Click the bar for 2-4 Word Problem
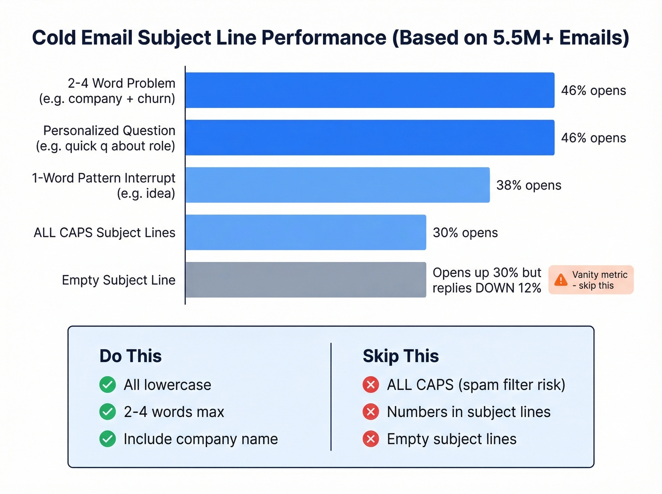(x=369, y=90)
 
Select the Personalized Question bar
(x=369, y=138)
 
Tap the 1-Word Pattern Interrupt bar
(x=337, y=185)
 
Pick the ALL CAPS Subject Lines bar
(x=305, y=232)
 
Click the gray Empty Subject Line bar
(x=305, y=280)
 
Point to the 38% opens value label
(x=529, y=185)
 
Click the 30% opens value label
(x=465, y=233)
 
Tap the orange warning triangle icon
(x=561, y=280)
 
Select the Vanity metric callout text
(x=599, y=280)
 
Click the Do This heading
(x=131, y=356)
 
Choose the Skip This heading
(x=401, y=356)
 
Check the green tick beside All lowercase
(x=108, y=385)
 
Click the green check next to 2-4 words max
(x=108, y=412)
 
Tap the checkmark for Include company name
(x=108, y=439)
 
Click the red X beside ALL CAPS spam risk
(x=371, y=385)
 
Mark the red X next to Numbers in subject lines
(x=371, y=412)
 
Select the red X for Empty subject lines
(x=371, y=439)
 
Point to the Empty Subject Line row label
(x=118, y=280)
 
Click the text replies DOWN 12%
(x=487, y=288)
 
